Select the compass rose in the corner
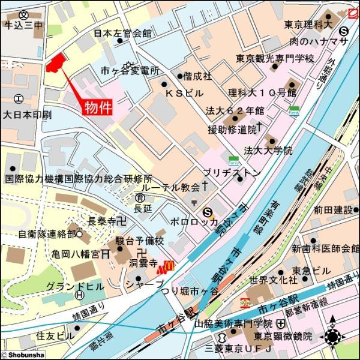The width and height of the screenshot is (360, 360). coord(333,337)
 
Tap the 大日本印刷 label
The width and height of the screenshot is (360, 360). coord(27,114)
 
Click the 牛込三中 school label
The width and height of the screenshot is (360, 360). coord(23,25)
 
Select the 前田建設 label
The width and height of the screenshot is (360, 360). coord(332,209)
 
